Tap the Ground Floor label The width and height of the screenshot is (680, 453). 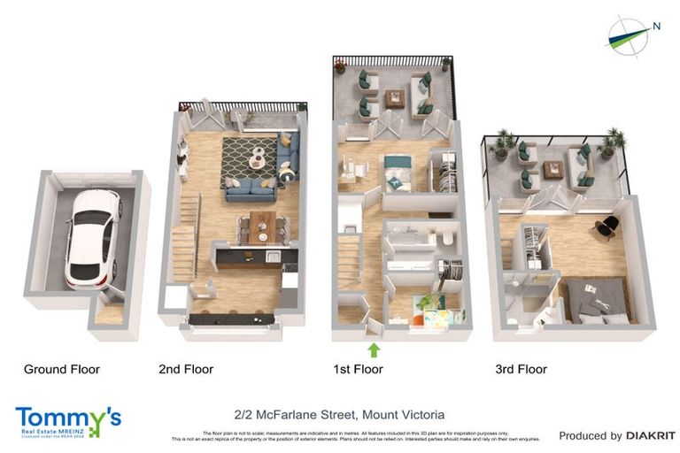tap(62, 369)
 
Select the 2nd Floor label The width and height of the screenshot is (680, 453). tap(186, 369)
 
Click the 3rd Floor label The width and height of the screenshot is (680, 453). tap(521, 369)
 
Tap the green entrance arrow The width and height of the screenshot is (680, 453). tap(374, 349)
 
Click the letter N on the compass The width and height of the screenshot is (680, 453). tap(656, 26)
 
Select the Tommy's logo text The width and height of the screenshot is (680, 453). tap(67, 417)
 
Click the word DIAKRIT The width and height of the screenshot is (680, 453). tap(651, 435)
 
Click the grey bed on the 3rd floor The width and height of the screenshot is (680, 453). tap(597, 299)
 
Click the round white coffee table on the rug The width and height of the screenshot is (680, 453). tap(258, 157)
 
